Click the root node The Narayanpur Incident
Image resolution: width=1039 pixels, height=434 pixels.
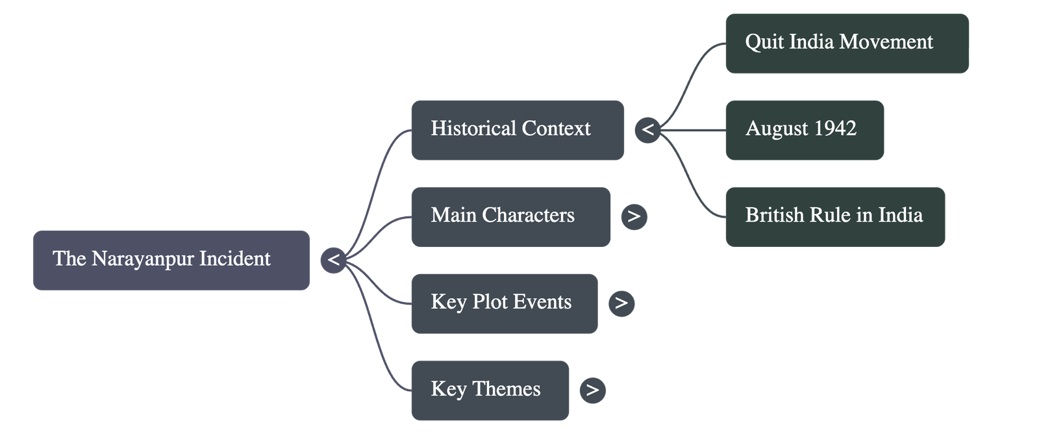click(x=171, y=260)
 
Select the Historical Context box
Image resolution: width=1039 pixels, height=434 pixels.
click(x=518, y=130)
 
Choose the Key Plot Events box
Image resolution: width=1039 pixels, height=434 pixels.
click(x=505, y=303)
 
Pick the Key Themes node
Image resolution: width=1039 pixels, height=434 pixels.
click(x=490, y=390)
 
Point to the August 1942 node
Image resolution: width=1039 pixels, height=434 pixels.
click(x=805, y=130)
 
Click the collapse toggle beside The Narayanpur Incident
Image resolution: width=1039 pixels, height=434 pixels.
click(x=333, y=260)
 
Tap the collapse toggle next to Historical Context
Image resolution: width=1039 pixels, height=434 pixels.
click(x=647, y=130)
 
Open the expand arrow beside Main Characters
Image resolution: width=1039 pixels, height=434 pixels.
click(x=634, y=216)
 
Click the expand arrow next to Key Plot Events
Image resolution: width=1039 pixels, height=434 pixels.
click(x=621, y=303)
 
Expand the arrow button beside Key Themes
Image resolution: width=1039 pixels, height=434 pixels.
click(x=592, y=390)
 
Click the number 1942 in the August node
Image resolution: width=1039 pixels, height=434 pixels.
click(x=835, y=129)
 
